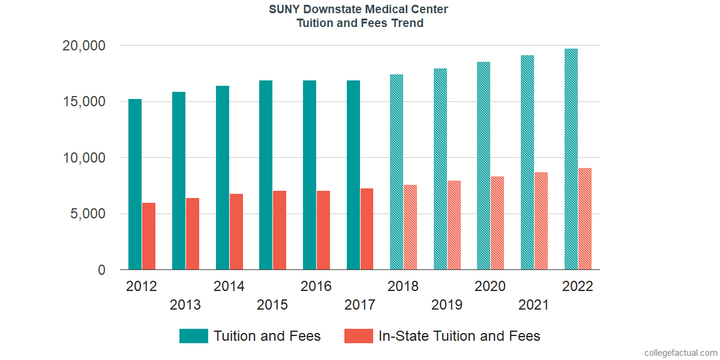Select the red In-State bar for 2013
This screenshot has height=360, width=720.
tap(193, 234)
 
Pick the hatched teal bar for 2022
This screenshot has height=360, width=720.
tap(571, 159)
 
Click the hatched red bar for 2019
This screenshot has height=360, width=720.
tap(454, 225)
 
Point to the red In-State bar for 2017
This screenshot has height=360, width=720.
tap(367, 229)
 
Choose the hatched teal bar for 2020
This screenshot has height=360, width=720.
tap(484, 166)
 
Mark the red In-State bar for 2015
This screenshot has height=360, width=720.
tap(280, 230)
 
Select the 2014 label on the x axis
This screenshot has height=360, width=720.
tap(229, 286)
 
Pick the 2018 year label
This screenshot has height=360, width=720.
tap(403, 286)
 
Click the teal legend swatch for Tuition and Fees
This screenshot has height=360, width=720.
tap(194, 336)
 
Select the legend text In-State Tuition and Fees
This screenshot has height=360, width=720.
tap(459, 336)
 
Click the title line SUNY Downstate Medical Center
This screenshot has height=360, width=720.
tap(359, 10)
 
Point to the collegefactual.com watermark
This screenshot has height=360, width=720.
tap(680, 352)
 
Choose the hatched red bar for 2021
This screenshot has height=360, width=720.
tap(541, 221)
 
